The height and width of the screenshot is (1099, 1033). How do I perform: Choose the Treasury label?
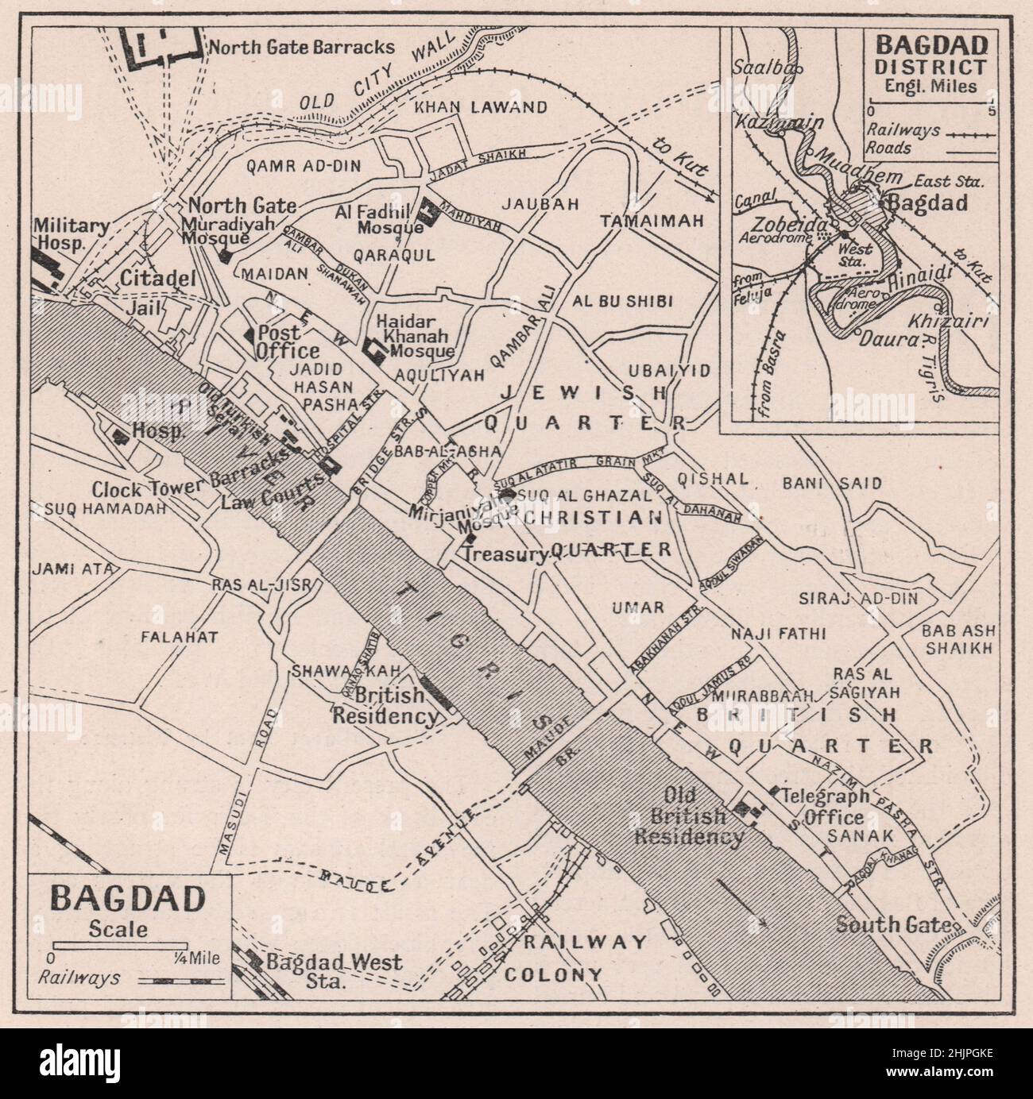coord(505,555)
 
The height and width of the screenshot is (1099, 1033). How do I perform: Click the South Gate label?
coord(893,925)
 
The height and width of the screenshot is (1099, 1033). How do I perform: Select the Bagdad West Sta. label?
coord(334,970)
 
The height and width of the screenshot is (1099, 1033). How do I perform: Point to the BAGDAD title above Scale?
coord(127,900)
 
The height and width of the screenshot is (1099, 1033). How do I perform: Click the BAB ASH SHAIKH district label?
coord(956,639)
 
